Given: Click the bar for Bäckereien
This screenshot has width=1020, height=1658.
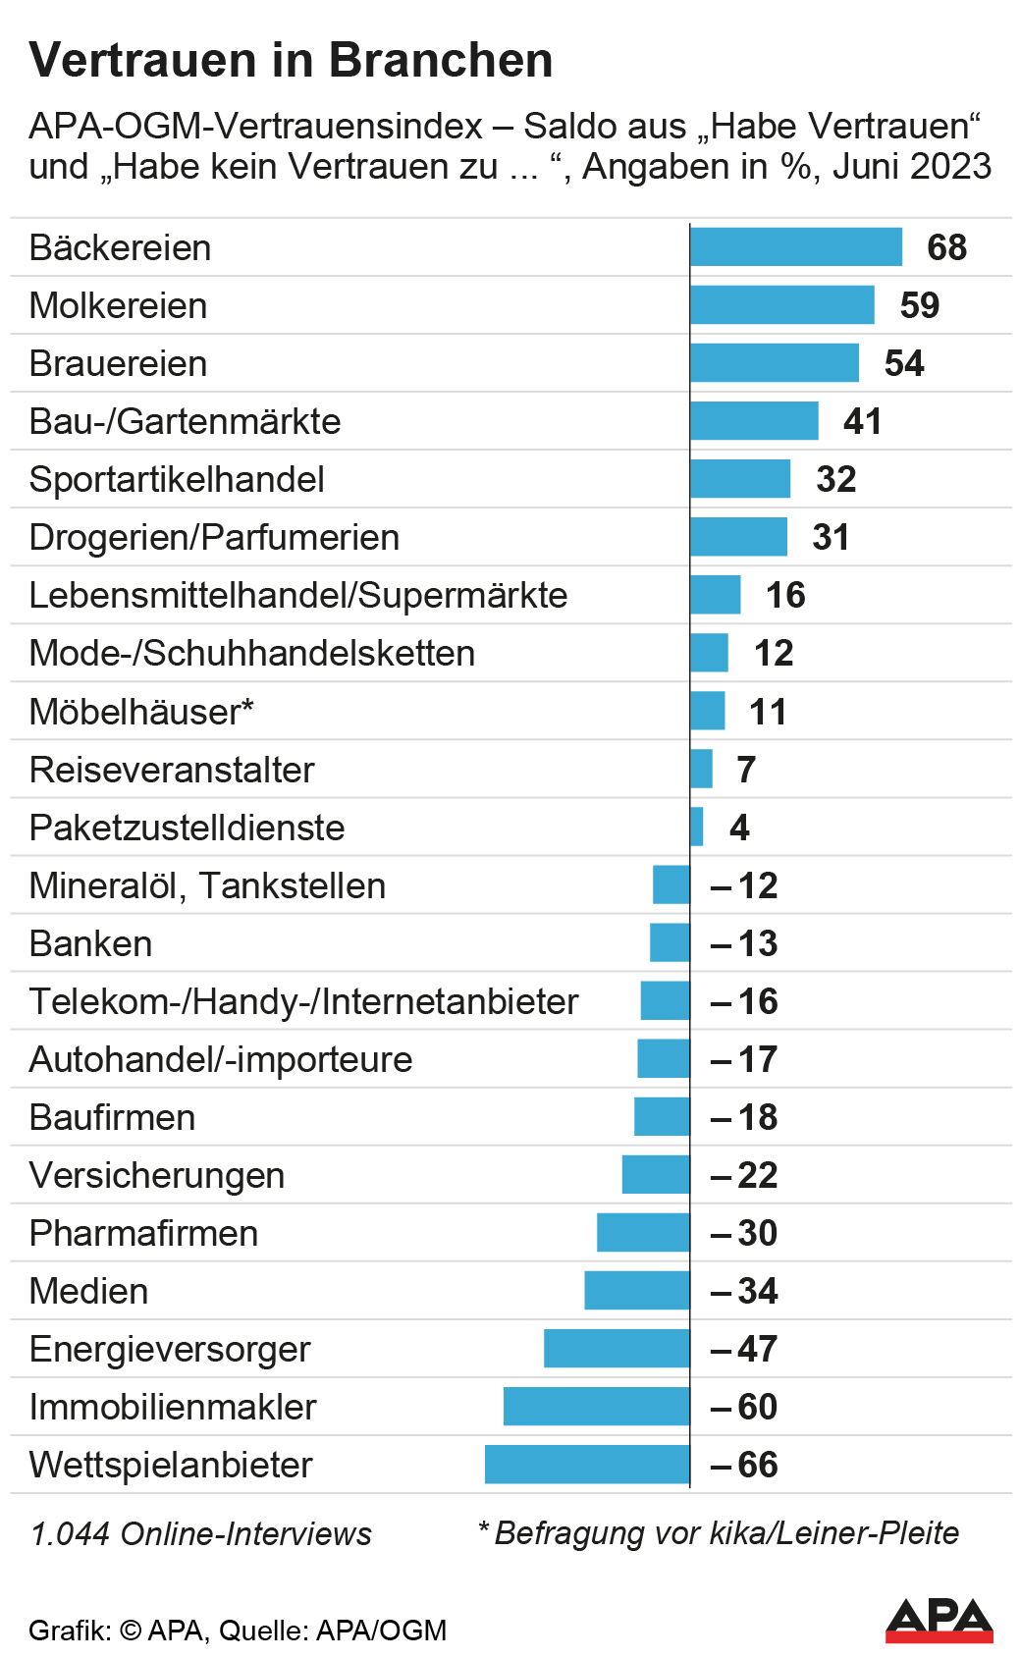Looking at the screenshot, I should (x=795, y=246).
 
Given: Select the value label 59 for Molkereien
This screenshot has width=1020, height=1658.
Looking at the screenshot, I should (x=919, y=305).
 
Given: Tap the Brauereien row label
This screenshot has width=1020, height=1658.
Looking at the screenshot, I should (x=119, y=363).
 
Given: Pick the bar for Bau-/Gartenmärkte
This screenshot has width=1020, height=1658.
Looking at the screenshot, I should (x=753, y=421).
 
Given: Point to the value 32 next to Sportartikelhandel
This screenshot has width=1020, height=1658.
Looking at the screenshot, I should (x=835, y=479).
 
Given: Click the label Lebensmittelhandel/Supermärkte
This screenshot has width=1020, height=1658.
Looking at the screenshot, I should (x=298, y=595).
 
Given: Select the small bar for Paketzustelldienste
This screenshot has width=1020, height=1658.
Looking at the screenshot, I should (x=697, y=827).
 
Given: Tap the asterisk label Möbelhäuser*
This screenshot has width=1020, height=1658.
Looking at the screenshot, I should (x=141, y=712).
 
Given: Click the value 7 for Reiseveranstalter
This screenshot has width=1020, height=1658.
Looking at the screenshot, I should (x=746, y=770).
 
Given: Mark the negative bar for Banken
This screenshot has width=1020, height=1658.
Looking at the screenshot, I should (x=670, y=942).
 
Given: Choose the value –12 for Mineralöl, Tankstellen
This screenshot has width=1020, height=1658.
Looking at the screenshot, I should (x=744, y=885).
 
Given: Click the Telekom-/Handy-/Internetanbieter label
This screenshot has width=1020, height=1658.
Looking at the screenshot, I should (x=303, y=1001).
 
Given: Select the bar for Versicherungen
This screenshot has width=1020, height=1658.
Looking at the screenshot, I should (x=656, y=1174).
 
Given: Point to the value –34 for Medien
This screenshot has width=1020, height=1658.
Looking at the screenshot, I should (x=744, y=1291).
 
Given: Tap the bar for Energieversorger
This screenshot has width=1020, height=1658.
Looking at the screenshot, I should (x=617, y=1348).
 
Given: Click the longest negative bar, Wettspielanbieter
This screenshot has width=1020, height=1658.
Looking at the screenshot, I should (x=587, y=1464).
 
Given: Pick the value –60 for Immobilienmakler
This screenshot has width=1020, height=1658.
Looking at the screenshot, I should (x=744, y=1407).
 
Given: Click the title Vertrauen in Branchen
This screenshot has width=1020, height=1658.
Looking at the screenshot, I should (x=292, y=60).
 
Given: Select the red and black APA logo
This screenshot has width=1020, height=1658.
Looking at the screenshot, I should (x=939, y=1621).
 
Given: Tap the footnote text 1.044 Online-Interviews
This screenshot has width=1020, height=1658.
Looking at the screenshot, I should (x=201, y=1533).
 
